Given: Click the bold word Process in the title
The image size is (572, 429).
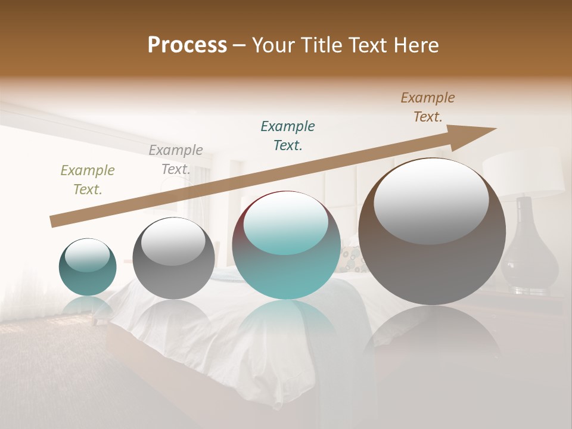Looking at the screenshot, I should tap(187, 45).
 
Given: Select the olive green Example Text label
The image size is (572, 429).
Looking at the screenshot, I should tap(88, 180).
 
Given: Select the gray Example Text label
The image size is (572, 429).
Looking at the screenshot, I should tap(176, 160).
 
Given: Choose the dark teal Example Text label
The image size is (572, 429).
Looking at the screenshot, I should tap(288, 135).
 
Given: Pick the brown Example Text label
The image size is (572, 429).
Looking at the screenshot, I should tap(428, 107).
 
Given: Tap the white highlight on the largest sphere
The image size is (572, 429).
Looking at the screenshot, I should tap(431, 201).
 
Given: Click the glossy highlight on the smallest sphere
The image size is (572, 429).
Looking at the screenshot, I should tap(88, 256).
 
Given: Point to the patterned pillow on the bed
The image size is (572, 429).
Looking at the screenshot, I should tap(352, 260).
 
